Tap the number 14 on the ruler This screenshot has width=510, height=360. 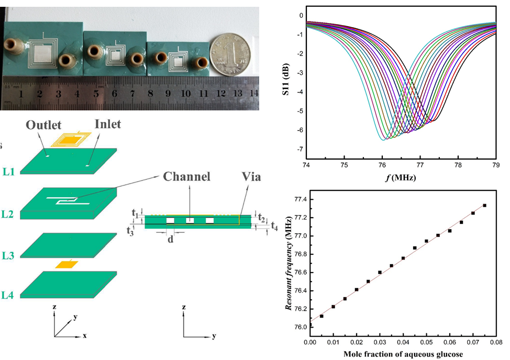(254, 93)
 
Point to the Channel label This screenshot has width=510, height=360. (186, 176)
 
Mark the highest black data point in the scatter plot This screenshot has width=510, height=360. (484, 206)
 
